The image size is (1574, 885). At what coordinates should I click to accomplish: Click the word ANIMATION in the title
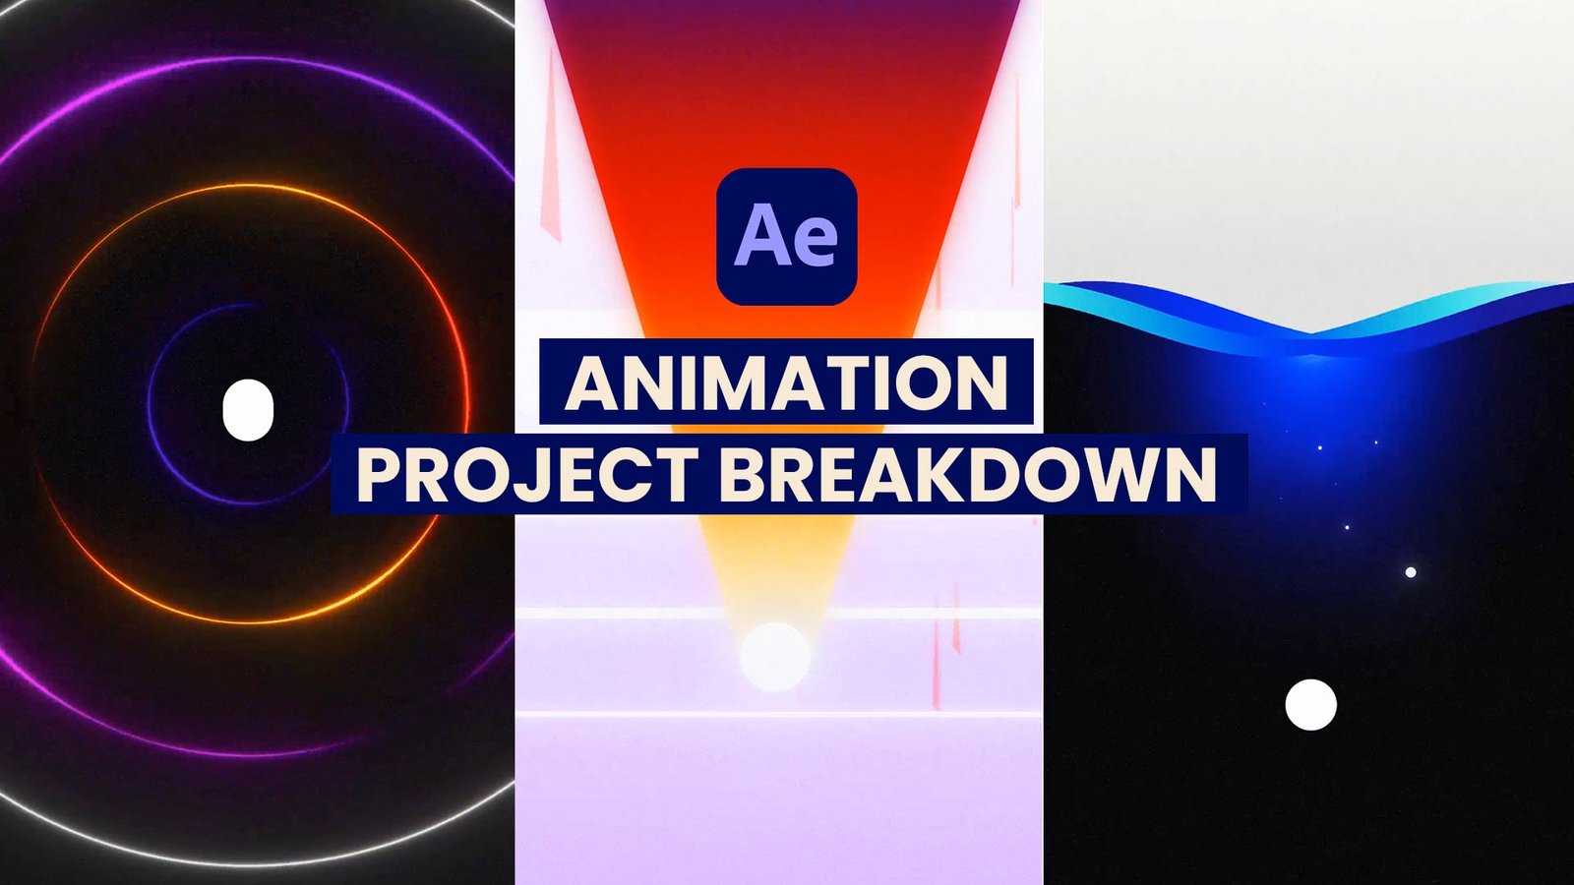click(786, 383)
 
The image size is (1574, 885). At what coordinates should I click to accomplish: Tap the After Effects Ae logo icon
click(787, 236)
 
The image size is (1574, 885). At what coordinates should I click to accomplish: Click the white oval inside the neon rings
click(247, 409)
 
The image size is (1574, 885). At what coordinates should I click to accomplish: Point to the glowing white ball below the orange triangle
click(775, 656)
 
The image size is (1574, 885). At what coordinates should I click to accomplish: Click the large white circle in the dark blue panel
click(1310, 704)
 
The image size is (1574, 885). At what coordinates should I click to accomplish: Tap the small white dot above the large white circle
click(1411, 571)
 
